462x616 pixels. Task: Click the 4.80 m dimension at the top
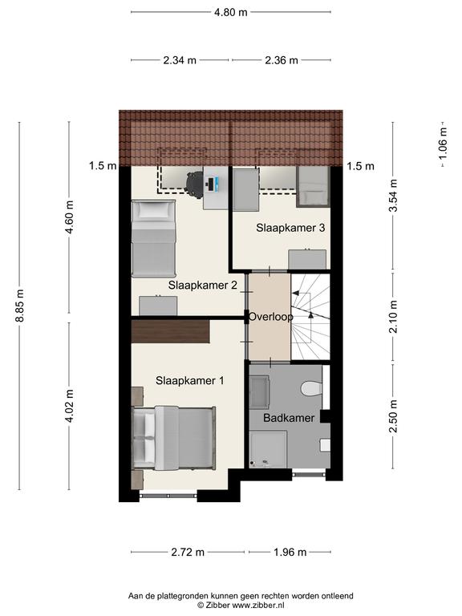[x=231, y=12]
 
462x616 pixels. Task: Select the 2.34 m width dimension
[x=180, y=60]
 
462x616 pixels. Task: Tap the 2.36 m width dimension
[x=282, y=60]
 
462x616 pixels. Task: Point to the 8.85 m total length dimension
[x=19, y=306]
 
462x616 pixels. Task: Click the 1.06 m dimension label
[x=443, y=144]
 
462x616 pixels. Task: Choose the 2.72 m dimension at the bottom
[x=188, y=552]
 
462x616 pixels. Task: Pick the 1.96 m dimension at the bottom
[x=290, y=552]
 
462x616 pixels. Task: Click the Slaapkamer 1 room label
[x=190, y=380]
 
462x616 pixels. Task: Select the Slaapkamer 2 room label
[x=203, y=285]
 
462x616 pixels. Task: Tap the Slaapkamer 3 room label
[x=290, y=228]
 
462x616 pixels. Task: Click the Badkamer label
[x=289, y=418]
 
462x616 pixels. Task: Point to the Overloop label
[x=270, y=317]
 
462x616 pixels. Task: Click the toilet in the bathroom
[x=312, y=388]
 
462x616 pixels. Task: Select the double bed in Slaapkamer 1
[x=173, y=438]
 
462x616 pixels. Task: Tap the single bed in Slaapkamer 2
[x=153, y=238]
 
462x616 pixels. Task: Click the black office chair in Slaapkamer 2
[x=194, y=183]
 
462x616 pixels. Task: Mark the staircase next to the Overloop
[x=310, y=317]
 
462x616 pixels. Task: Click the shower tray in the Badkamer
[x=268, y=450]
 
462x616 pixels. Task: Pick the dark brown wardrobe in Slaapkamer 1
[x=170, y=332]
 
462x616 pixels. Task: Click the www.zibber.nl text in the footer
[x=258, y=606]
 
